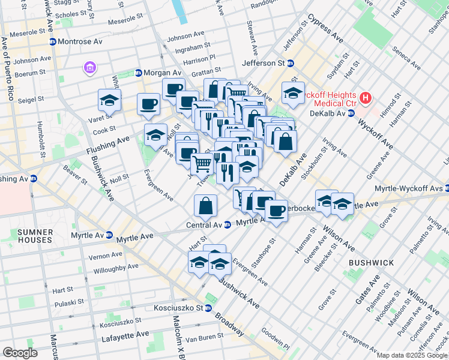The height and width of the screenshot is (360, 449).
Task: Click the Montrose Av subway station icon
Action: (x=53, y=41)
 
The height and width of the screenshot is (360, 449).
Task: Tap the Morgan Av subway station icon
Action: (x=138, y=73)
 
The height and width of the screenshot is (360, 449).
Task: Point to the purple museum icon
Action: (x=90, y=68)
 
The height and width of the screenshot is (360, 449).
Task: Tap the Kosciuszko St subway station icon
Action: (x=208, y=308)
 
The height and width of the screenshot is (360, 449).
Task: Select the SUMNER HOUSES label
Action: (x=35, y=236)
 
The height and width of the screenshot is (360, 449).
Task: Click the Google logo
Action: (x=20, y=352)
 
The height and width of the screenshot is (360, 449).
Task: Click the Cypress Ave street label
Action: (x=325, y=29)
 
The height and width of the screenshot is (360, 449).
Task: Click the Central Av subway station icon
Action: (x=228, y=225)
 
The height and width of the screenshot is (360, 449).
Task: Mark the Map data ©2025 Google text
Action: (x=411, y=355)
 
